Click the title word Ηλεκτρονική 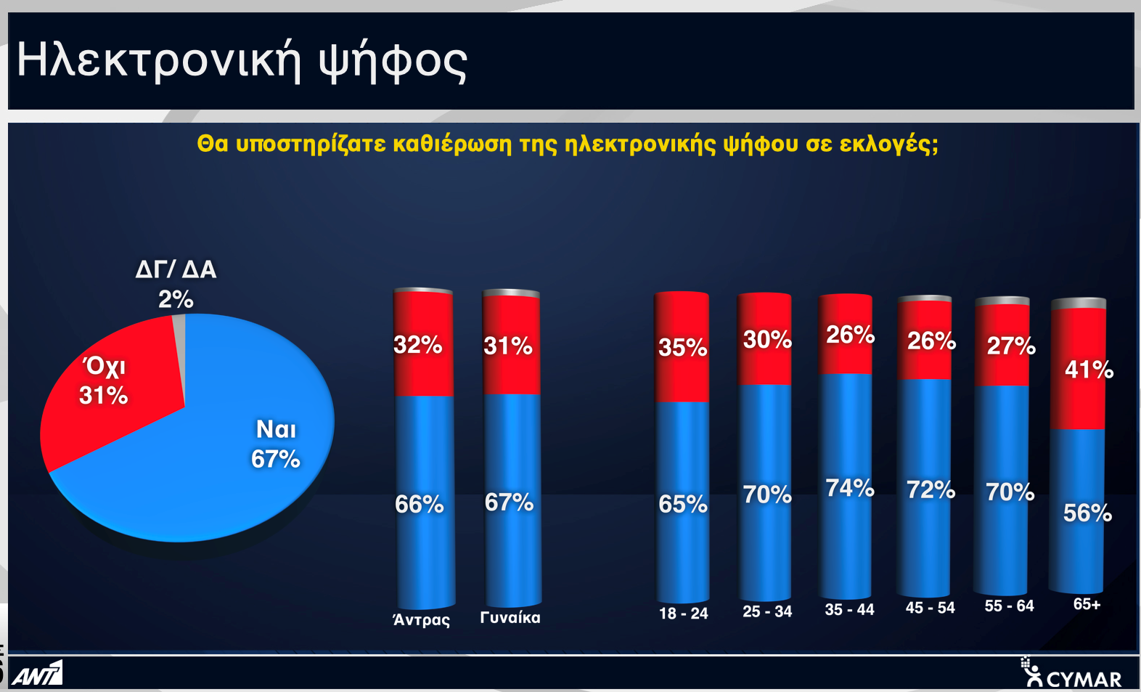(158, 60)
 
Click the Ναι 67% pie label (276, 444)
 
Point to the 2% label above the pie (176, 299)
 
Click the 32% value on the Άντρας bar (417, 345)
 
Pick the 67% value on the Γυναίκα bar (509, 502)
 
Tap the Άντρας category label (421, 619)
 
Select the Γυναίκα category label (510, 618)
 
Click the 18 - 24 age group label (684, 613)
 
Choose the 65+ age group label (1087, 604)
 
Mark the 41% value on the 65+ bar (1089, 370)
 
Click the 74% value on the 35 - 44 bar (850, 488)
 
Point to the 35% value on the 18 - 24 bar (682, 348)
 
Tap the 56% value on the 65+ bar (1087, 513)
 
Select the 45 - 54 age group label (930, 608)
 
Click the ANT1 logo (37, 673)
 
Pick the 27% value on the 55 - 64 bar (1011, 346)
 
